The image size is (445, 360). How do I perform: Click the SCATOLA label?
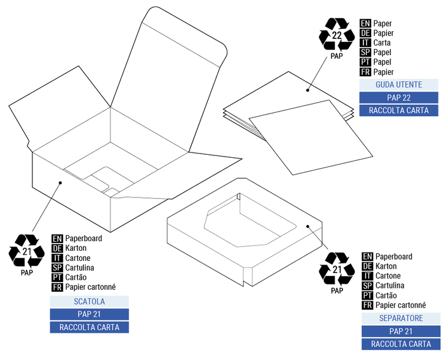89,301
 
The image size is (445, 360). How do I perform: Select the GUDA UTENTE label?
398,85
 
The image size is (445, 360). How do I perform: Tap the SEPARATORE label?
401,318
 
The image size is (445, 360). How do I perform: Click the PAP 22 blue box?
398,98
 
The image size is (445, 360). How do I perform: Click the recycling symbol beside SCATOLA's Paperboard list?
26,251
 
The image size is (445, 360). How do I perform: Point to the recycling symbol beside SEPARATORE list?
336,269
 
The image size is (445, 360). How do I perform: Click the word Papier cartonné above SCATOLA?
90,287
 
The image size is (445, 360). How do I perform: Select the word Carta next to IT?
381,43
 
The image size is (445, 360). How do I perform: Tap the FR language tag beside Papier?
365,72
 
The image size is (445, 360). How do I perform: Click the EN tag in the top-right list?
365,23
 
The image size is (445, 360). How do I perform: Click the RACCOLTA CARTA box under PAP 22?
398,110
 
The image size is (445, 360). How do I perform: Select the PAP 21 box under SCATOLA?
89,314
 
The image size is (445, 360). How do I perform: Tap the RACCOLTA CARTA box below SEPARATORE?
401,344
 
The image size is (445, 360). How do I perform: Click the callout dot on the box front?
60,182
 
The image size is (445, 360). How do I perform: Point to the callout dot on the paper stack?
307,90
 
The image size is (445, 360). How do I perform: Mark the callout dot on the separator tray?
307,227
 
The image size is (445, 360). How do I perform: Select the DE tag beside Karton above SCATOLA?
57,248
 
